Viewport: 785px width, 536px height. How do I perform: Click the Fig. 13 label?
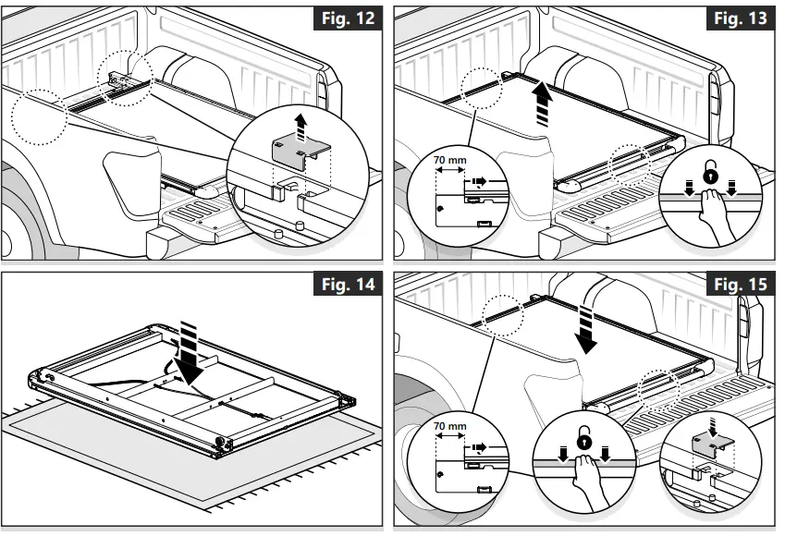tap(742, 18)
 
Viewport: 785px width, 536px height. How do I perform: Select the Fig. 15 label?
tap(742, 285)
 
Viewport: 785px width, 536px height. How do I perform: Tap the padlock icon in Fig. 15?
tap(583, 442)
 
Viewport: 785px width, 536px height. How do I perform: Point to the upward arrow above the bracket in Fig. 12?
tap(299, 125)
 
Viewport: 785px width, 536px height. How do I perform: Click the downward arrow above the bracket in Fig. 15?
tap(712, 423)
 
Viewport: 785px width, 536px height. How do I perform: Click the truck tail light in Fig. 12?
tap(322, 88)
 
